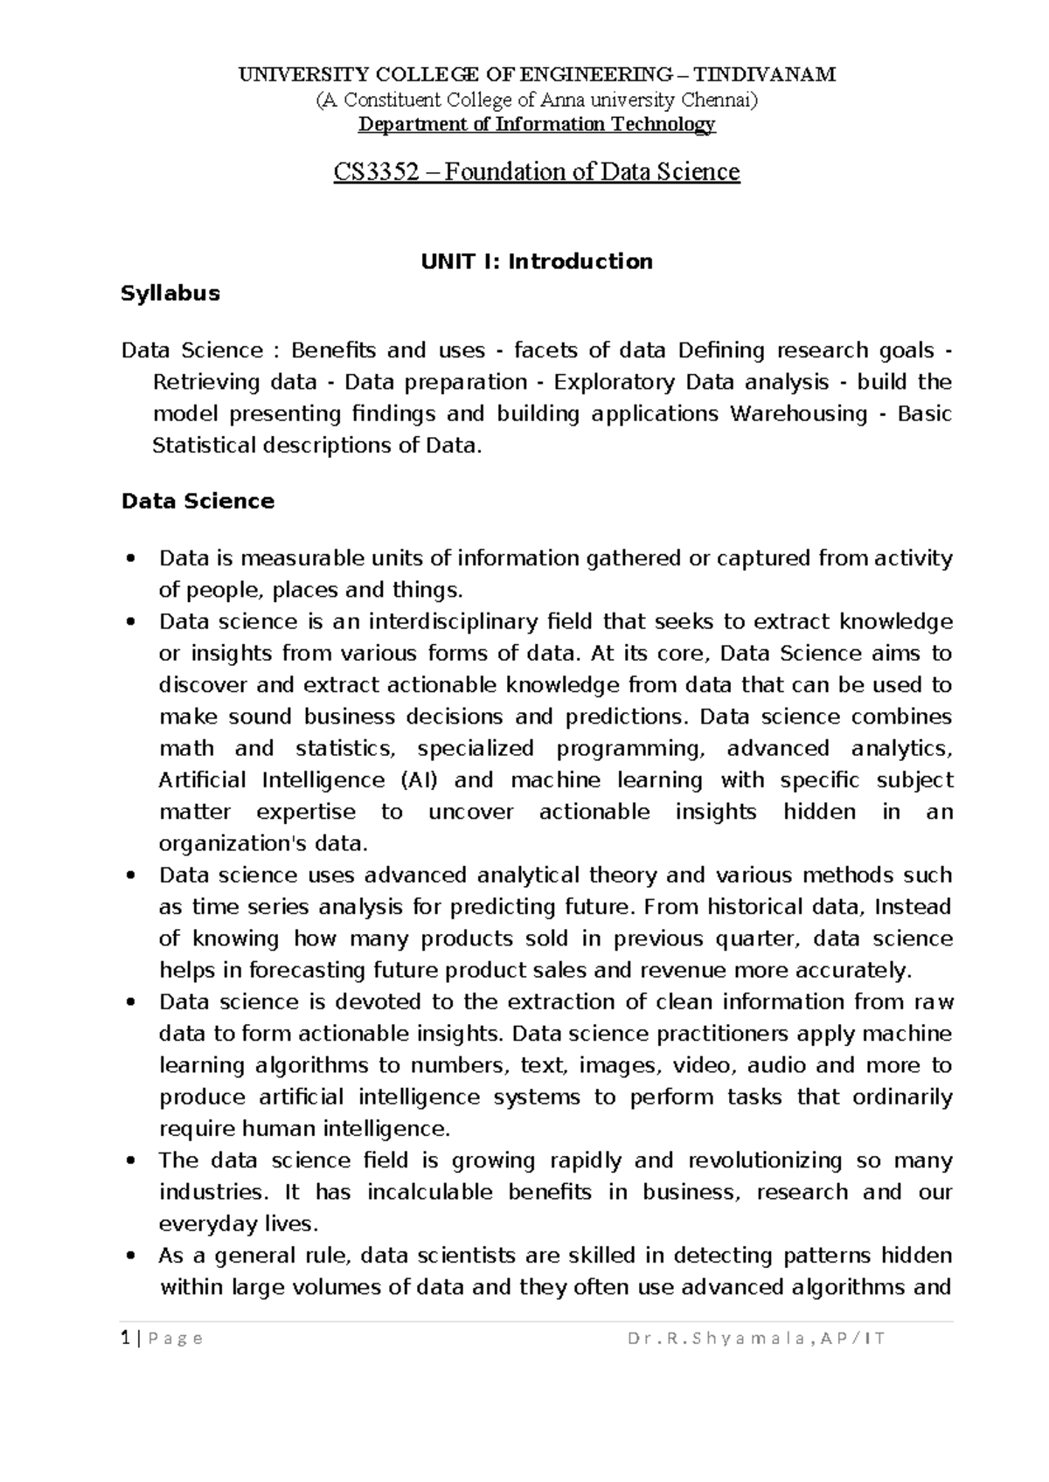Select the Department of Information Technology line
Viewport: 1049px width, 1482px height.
click(x=537, y=124)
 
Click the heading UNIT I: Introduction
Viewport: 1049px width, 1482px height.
click(x=537, y=261)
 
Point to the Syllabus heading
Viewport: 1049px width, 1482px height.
click(x=170, y=294)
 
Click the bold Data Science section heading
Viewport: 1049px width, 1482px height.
click(x=198, y=502)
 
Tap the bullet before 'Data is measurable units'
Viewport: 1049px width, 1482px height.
click(x=131, y=559)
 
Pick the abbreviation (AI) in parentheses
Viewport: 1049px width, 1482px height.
click(x=418, y=780)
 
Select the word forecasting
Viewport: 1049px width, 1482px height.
click(x=306, y=971)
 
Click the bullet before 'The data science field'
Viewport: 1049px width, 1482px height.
click(x=131, y=1161)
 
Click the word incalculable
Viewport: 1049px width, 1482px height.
click(x=430, y=1193)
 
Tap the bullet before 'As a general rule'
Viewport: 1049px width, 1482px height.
click(x=131, y=1257)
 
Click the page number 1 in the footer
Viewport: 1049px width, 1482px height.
click(x=126, y=1339)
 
